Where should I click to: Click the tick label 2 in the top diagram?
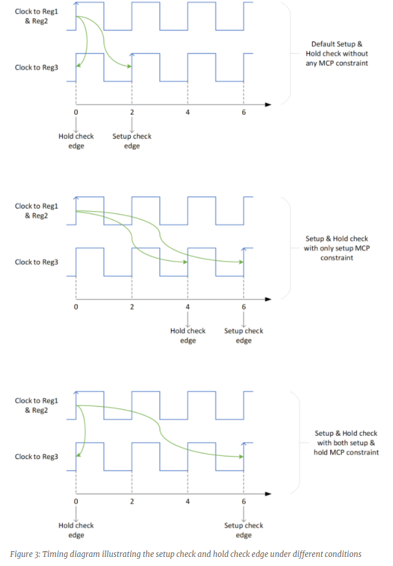[x=132, y=112]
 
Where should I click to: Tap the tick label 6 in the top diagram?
[x=243, y=112]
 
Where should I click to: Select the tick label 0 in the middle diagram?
[x=76, y=306]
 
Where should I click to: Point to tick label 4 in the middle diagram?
[x=188, y=306]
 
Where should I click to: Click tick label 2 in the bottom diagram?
[x=132, y=501]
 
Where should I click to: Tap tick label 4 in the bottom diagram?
[x=188, y=501]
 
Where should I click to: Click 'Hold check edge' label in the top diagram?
[x=76, y=141]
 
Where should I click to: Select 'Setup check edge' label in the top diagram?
[x=132, y=141]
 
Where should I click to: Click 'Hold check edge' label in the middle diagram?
[x=188, y=335]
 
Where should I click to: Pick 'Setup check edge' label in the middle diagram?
[x=243, y=335]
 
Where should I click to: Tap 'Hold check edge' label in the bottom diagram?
[x=76, y=530]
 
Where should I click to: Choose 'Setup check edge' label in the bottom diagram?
[x=243, y=530]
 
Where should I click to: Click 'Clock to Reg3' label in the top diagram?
[x=37, y=67]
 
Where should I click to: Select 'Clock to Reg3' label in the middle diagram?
[x=37, y=262]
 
